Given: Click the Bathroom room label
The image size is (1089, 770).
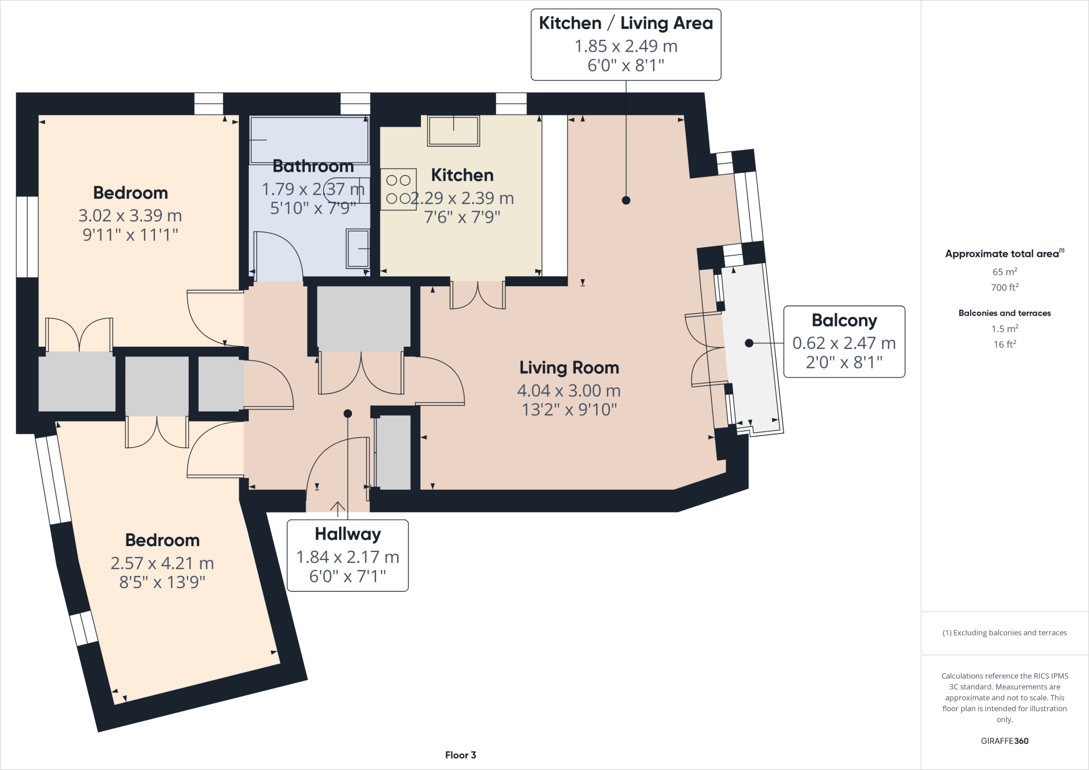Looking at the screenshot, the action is [313, 166].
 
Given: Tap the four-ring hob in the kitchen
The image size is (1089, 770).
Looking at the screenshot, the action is [398, 189].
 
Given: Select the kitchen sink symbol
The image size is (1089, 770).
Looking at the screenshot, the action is [454, 130].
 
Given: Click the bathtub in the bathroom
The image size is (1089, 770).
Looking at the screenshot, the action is [309, 140].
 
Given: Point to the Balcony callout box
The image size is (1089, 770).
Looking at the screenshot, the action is [844, 341].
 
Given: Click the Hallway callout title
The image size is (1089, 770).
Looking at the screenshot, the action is [348, 534].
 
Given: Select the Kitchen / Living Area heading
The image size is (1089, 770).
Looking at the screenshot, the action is [626, 23].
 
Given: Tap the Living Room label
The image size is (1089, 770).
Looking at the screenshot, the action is [569, 367].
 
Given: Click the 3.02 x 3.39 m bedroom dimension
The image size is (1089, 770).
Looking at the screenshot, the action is [130, 215].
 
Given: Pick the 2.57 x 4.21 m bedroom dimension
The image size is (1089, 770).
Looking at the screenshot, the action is [162, 563].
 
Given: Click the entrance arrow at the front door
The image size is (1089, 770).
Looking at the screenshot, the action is [338, 509].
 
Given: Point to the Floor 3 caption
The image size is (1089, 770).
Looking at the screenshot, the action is [460, 755].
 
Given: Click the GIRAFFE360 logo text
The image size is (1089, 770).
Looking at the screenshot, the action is [1004, 741].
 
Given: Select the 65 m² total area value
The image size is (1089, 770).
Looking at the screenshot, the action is [1004, 272].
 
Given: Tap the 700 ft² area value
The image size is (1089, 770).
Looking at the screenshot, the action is [1004, 287].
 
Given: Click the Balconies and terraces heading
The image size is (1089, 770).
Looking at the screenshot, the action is [1004, 313].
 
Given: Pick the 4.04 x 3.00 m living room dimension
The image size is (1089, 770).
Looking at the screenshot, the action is [569, 391].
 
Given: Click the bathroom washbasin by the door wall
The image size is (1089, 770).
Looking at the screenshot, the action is [358, 248].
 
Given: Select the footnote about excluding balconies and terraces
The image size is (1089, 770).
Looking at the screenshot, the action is [1004, 633].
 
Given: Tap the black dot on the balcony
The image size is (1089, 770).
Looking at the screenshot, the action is [749, 343].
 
